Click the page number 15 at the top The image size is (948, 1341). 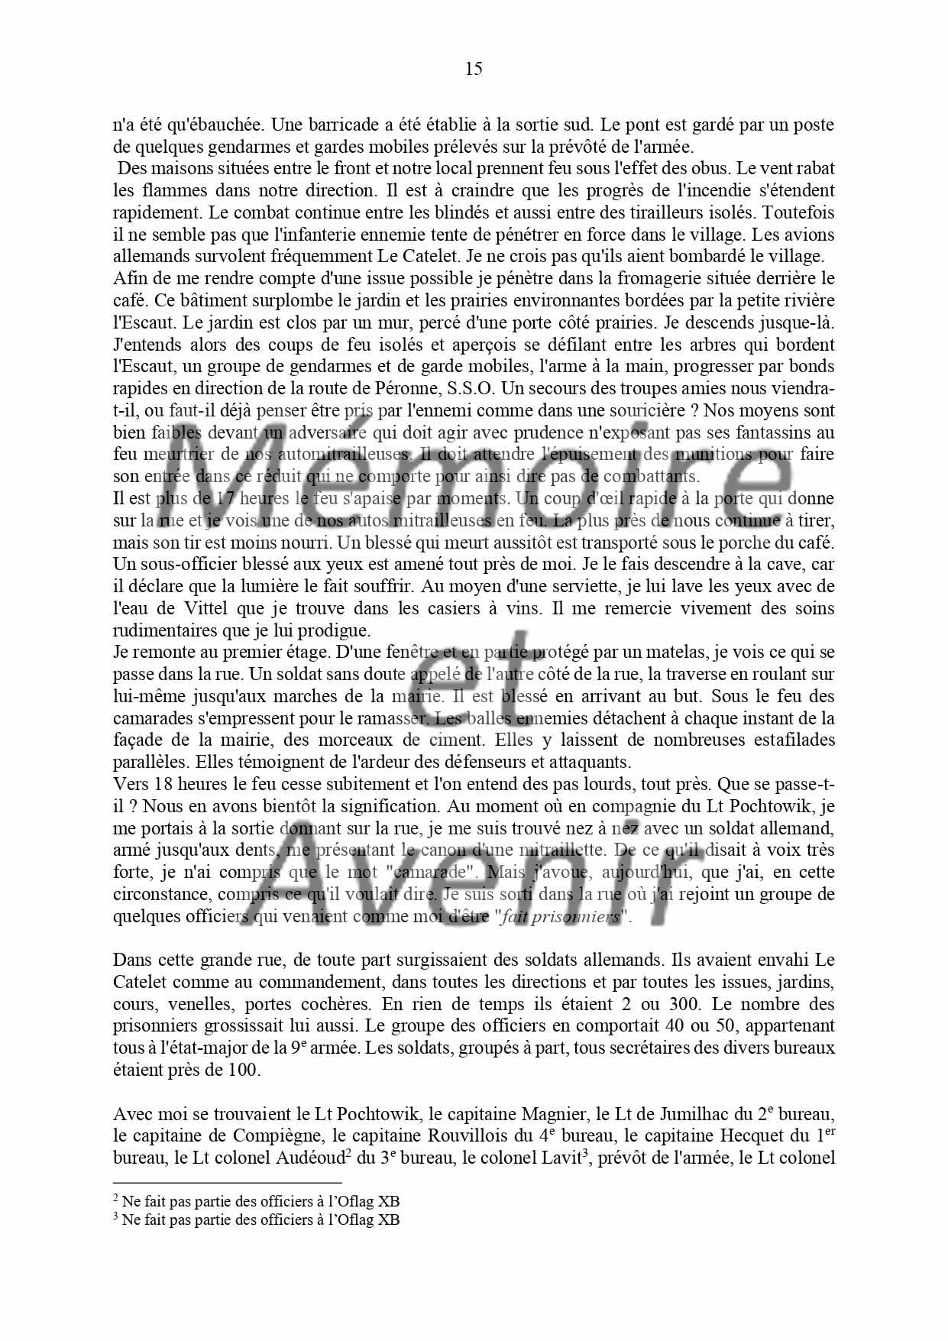pyautogui.click(x=474, y=70)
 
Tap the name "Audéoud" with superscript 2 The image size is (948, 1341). pyautogui.click(x=306, y=1158)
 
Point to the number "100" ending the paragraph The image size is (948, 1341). pyautogui.click(x=243, y=1071)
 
